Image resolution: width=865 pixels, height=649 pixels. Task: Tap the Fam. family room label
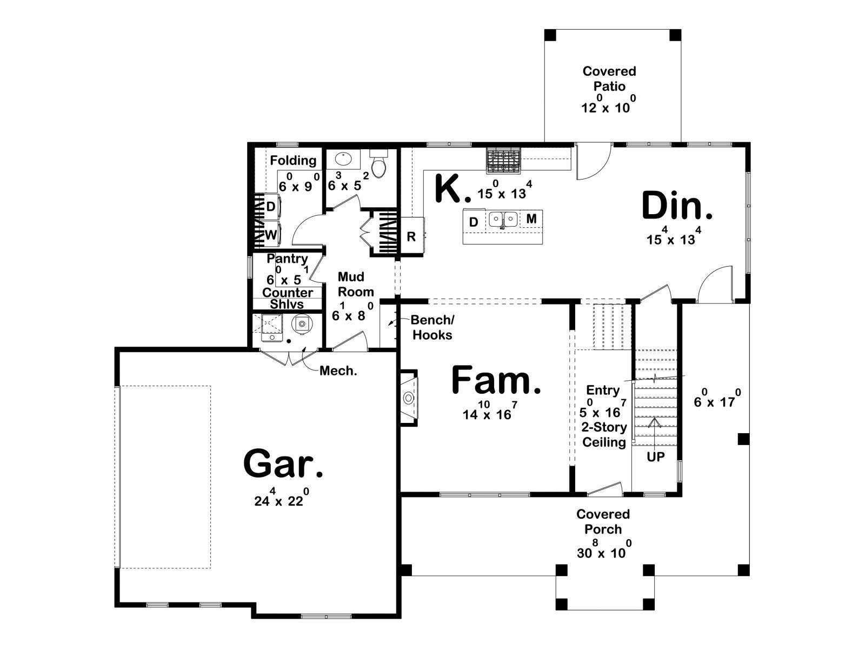(496, 380)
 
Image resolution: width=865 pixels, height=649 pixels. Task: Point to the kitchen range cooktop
(504, 161)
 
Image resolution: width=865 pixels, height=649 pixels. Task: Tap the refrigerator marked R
(412, 235)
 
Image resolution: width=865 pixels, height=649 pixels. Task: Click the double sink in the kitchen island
(503, 218)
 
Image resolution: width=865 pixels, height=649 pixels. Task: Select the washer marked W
(270, 235)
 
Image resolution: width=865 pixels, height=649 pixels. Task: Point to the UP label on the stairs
(655, 456)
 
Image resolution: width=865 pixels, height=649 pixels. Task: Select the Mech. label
(338, 371)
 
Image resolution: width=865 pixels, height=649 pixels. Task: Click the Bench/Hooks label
(432, 327)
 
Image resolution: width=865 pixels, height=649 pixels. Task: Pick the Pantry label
(287, 259)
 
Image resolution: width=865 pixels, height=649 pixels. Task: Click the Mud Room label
(356, 284)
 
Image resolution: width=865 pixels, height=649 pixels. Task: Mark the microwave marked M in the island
(531, 218)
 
